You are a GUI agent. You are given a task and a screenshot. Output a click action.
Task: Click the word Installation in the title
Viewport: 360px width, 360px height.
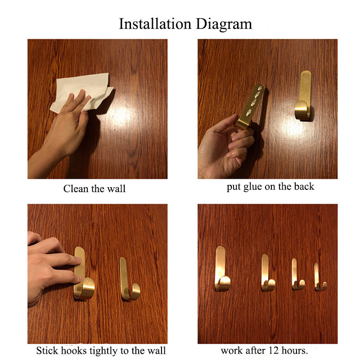(x=154, y=24)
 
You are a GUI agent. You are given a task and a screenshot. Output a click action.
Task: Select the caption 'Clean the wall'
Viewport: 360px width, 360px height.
(x=94, y=189)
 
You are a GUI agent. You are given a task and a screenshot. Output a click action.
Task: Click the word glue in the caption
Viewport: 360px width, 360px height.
(x=250, y=187)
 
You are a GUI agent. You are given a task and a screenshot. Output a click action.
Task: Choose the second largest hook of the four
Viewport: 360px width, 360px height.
(x=267, y=273)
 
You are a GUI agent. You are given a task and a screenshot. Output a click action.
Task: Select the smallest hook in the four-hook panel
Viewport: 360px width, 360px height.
(x=319, y=278)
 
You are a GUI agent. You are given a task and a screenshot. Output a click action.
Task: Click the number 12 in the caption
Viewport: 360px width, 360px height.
(x=274, y=350)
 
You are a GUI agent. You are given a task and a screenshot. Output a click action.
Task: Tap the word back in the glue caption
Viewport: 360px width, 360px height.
(x=304, y=187)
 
